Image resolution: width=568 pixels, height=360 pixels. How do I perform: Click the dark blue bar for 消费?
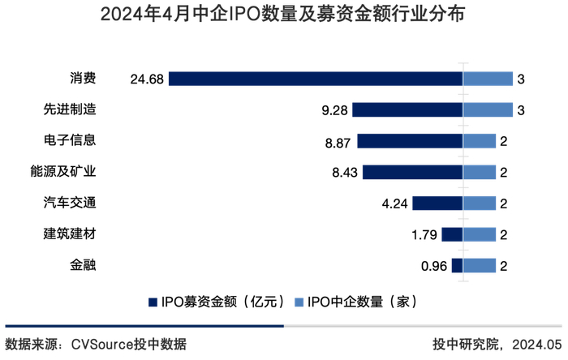pos(316,78)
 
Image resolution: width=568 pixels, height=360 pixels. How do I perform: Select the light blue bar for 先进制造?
pos(488,109)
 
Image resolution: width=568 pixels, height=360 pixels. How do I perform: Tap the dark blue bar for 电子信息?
pos(409,140)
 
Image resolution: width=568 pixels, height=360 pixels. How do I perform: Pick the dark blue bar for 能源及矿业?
pos(412,172)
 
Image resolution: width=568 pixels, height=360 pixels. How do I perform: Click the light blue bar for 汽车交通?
pos(479,203)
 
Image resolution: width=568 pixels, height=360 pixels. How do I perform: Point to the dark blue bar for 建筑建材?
pos(452,234)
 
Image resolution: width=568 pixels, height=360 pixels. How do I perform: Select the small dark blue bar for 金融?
pos(457,265)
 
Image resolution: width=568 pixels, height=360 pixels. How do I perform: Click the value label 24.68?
pos(147,79)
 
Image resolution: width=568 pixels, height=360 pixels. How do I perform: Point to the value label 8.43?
pos(343,172)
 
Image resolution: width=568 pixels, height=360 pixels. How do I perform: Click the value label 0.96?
pos(432,265)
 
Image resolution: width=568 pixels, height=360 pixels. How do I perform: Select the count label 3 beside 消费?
pos(520,79)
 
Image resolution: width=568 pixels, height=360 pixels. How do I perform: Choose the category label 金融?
pos(83,265)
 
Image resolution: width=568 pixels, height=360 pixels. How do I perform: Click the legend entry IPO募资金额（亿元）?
pos(217,302)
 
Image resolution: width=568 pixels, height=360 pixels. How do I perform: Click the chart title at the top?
pos(283,15)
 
